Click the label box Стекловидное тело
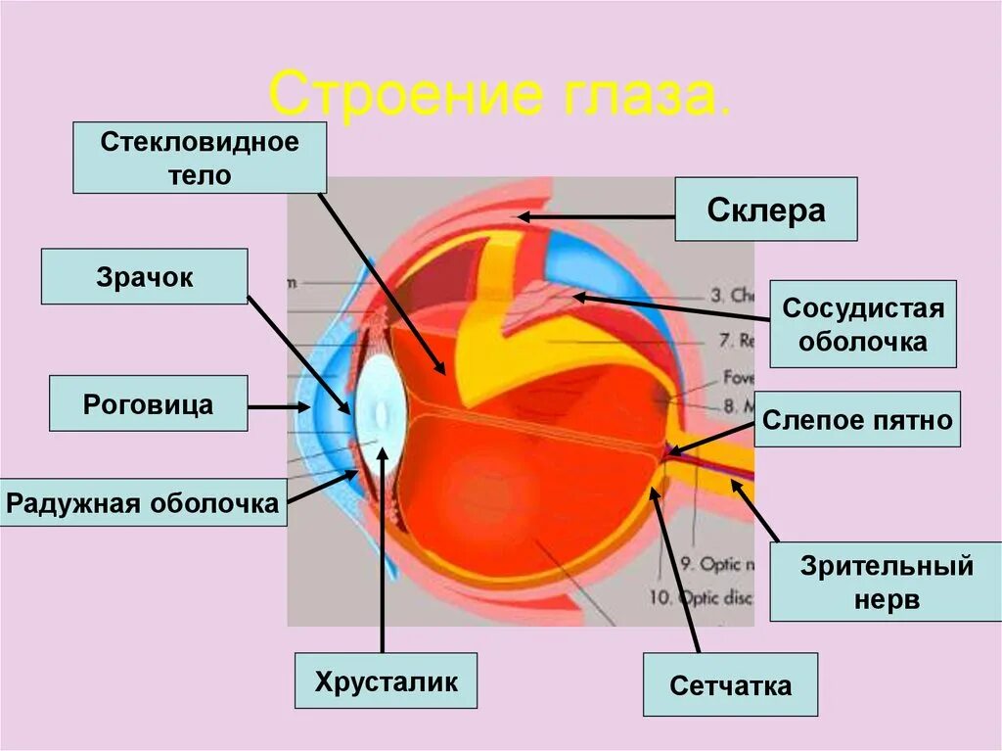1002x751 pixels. (200, 158)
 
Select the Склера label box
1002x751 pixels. (765, 210)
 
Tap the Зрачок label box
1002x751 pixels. (144, 276)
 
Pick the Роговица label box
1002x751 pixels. (148, 403)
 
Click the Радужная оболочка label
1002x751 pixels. (143, 503)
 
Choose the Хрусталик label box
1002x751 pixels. (386, 681)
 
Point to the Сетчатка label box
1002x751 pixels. (730, 685)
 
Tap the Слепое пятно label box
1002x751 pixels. (857, 420)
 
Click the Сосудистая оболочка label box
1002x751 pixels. (862, 324)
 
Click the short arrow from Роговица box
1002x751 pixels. (278, 405)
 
